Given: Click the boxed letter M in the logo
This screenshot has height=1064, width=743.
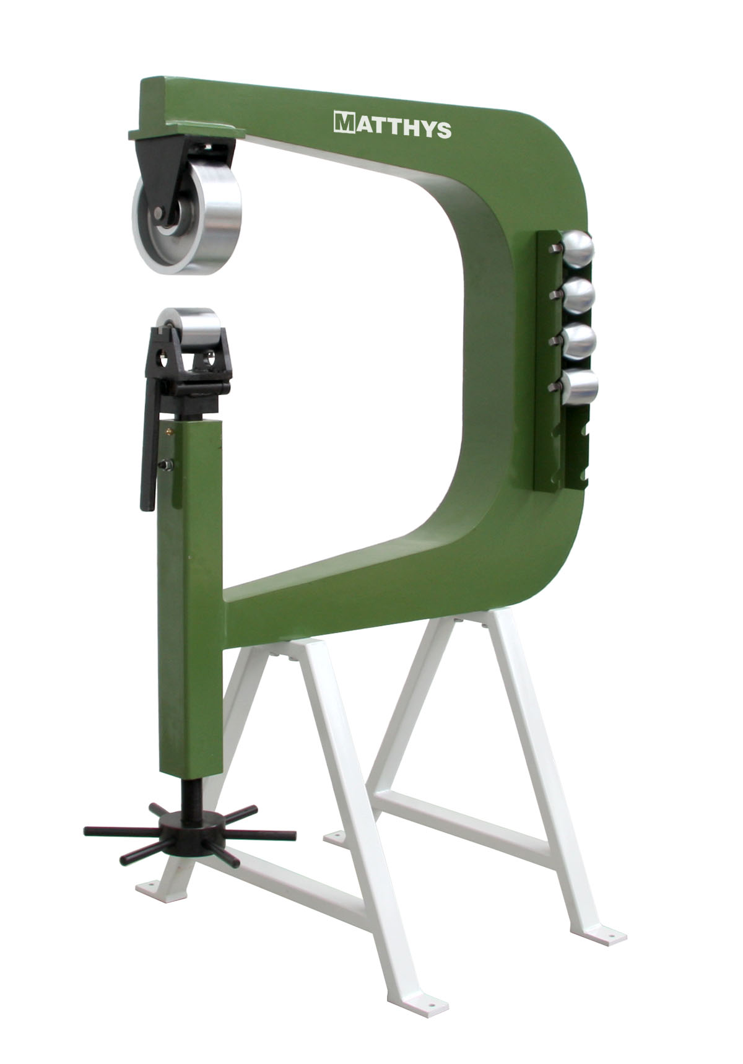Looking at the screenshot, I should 342,123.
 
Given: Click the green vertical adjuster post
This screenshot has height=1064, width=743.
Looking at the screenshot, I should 189,588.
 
